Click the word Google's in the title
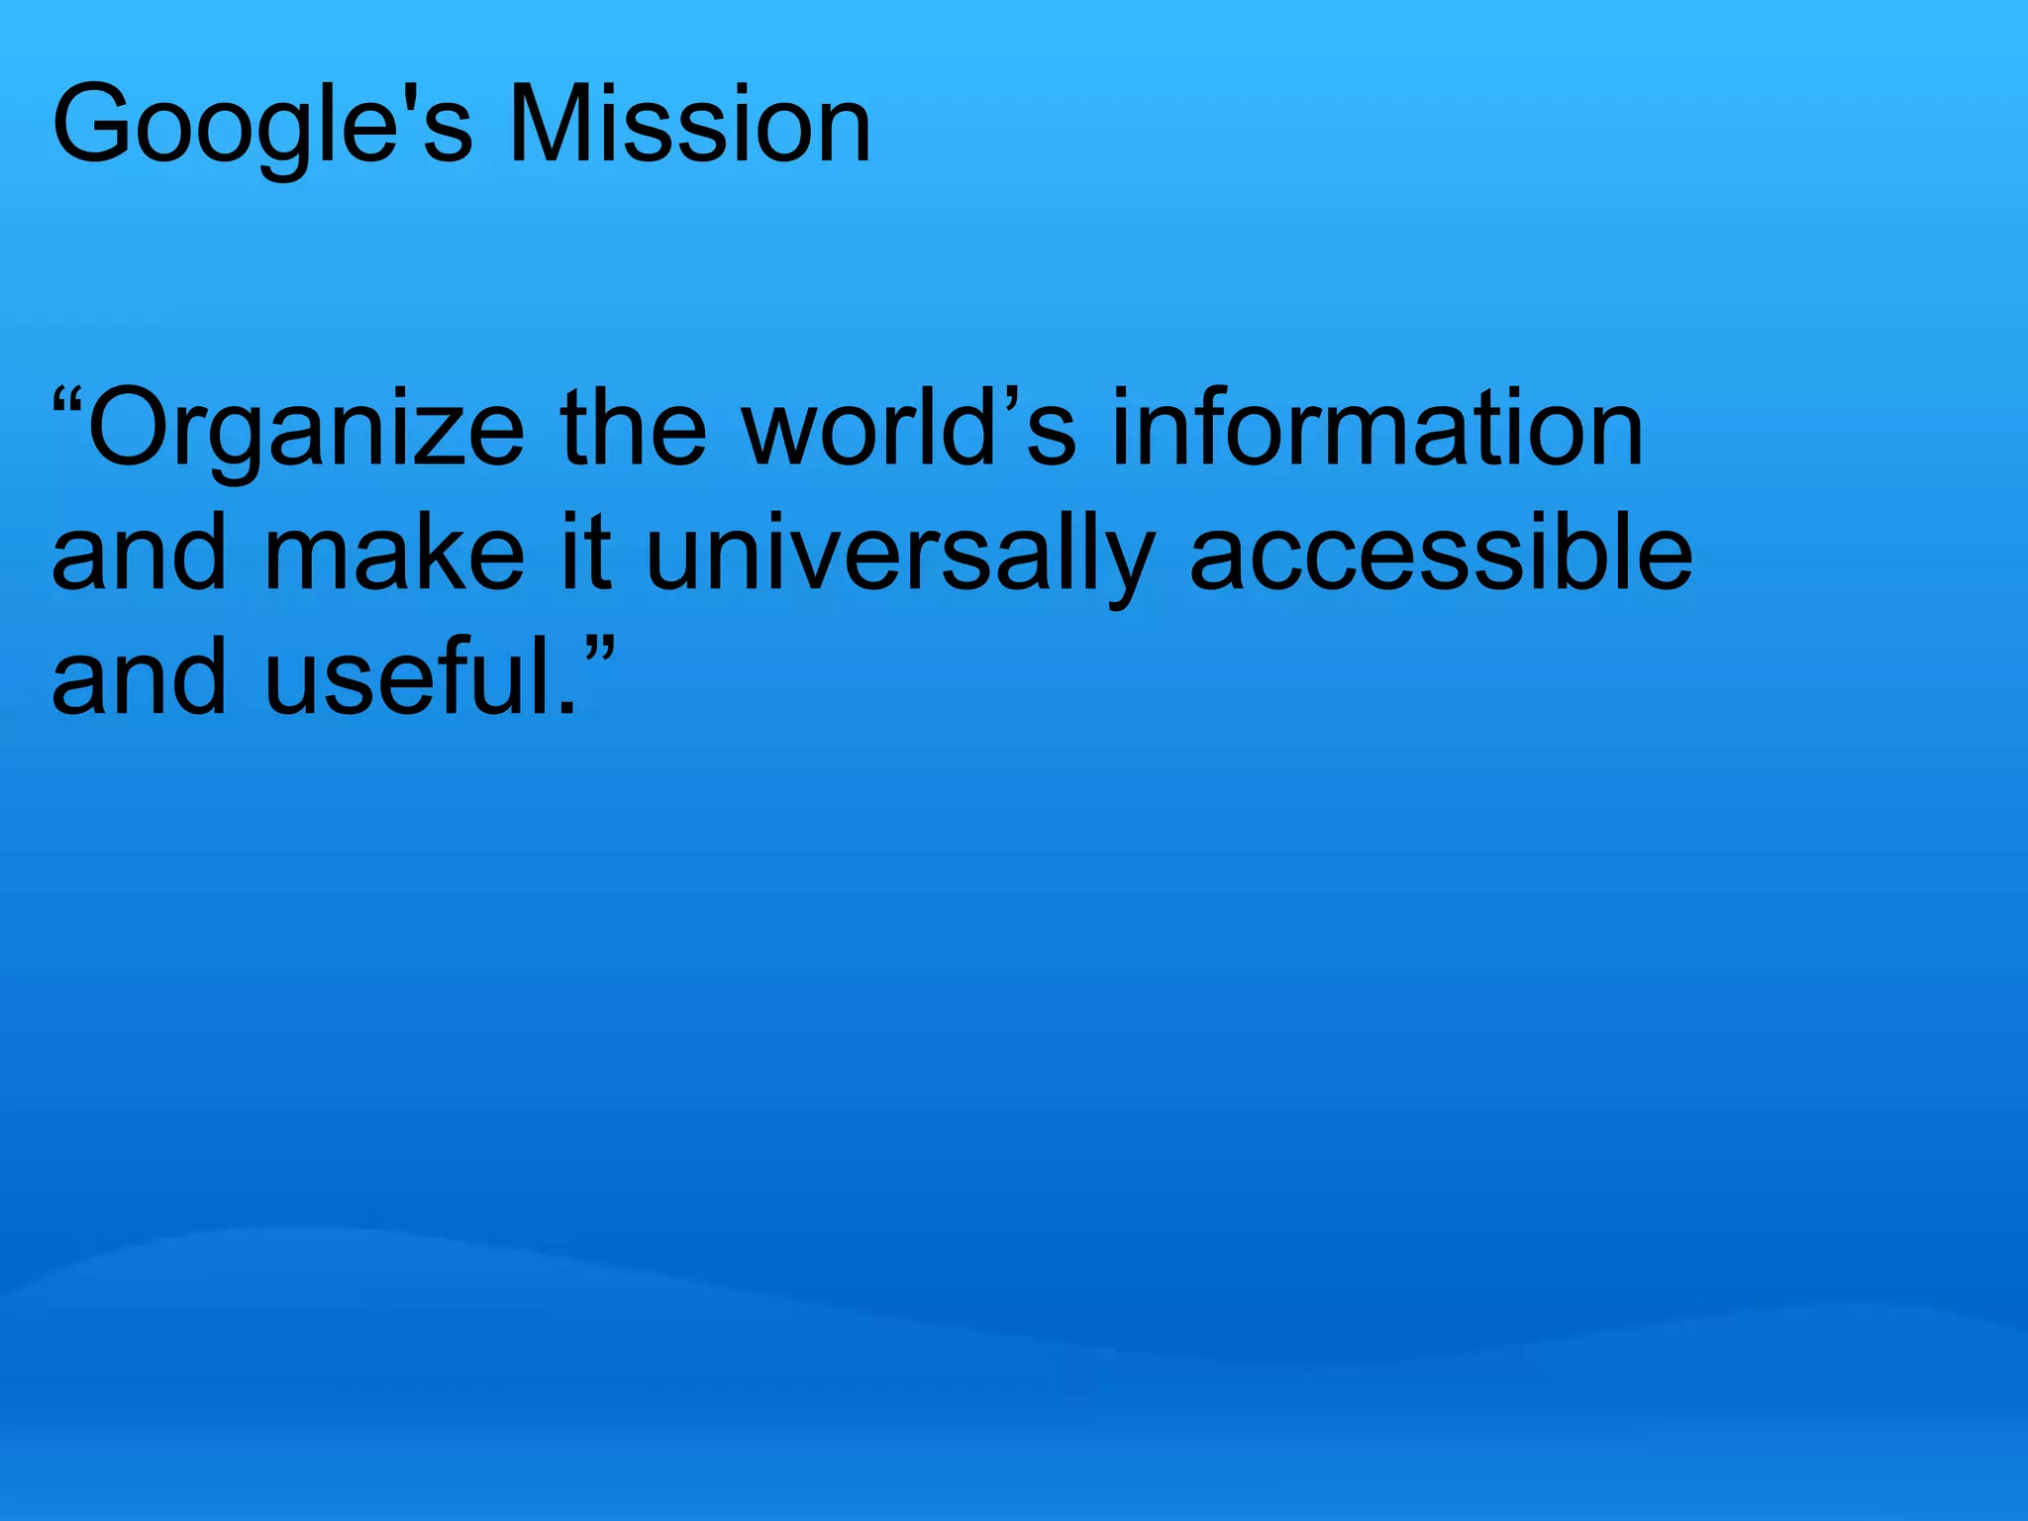[x=262, y=127]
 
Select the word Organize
[x=306, y=431]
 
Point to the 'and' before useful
[x=140, y=677]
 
